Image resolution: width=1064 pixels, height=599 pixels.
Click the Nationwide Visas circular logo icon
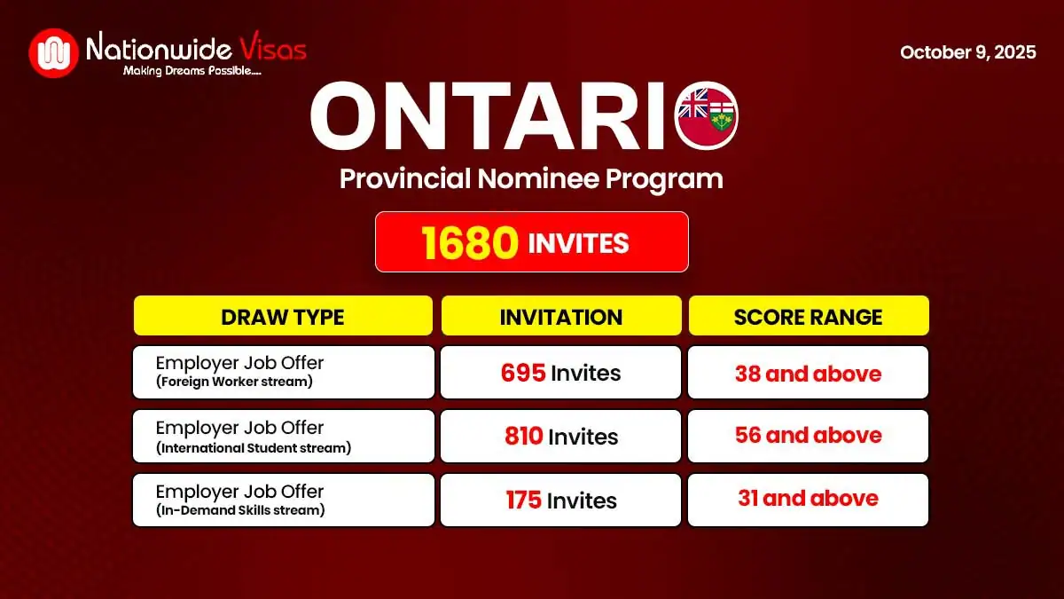[x=54, y=53]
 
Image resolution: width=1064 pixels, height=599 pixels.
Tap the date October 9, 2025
[x=967, y=52]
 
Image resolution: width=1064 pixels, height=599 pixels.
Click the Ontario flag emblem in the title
[x=707, y=116]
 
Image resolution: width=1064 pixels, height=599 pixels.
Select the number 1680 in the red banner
[x=469, y=242]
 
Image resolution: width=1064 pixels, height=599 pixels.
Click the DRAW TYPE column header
[x=283, y=316]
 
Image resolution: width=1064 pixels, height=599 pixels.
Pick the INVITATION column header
[x=560, y=316]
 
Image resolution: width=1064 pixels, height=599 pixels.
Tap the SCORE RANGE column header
[x=808, y=316]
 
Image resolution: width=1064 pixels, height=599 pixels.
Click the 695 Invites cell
[x=560, y=373]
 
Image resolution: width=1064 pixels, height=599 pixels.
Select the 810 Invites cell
[x=560, y=437]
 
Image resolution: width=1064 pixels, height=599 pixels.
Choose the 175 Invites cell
[x=560, y=500]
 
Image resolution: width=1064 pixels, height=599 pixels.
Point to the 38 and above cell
[x=808, y=373]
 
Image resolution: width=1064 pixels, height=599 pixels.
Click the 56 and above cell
[x=808, y=436]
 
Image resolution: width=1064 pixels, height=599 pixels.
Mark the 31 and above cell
[x=808, y=499]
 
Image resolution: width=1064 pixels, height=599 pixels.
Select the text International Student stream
[x=254, y=448]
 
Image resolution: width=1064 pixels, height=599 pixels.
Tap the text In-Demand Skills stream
[x=240, y=510]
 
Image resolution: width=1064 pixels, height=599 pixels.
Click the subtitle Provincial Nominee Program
[x=531, y=178]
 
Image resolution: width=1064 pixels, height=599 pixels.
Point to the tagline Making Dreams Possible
[x=192, y=70]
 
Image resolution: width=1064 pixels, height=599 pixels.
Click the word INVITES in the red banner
[x=578, y=242]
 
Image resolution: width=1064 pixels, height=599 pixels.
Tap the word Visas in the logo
[x=270, y=47]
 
